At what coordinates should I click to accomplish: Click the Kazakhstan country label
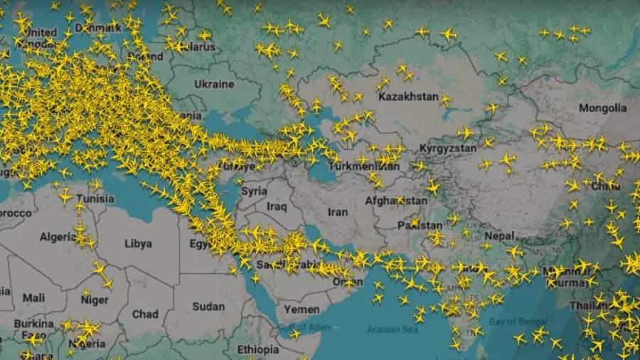pos(408,97)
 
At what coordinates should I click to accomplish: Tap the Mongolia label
pos(602,108)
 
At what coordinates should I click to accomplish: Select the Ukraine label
pos(213,84)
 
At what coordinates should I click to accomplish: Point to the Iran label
pos(338,212)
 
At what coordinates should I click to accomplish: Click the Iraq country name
pos(277,206)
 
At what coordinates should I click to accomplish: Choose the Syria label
pos(254,191)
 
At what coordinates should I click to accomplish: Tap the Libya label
pos(138,243)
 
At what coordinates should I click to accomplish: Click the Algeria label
pos(58,237)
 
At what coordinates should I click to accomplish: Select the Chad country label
pos(145,313)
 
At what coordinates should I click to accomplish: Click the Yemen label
pos(302,309)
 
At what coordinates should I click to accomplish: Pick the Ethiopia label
pos(258,349)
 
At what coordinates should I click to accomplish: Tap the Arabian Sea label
pos(391,329)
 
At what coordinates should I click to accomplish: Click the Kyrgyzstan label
pos(447,148)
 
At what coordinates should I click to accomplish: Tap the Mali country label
pos(33,298)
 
